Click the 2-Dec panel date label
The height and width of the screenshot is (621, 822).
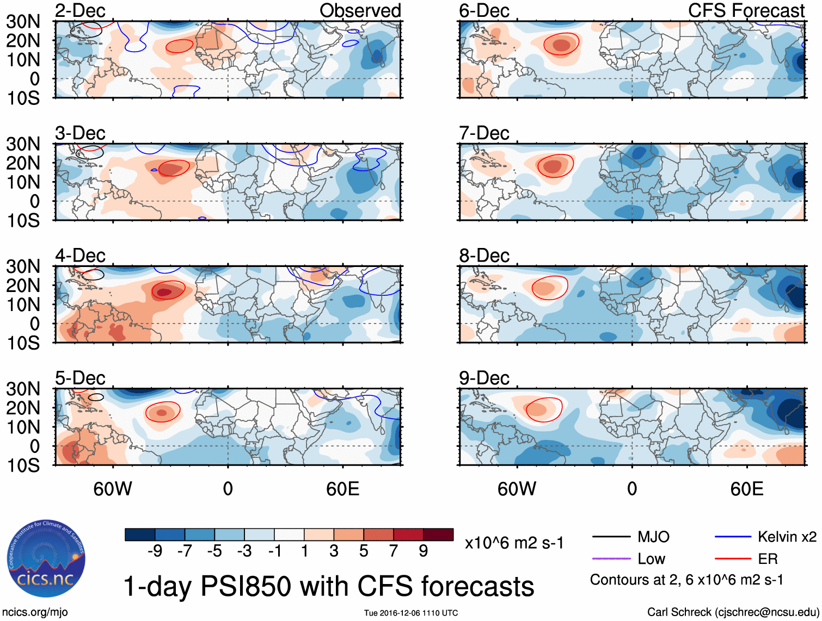[x=80, y=11]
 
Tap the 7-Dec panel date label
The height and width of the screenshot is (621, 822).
[x=484, y=133]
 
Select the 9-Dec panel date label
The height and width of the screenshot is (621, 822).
[x=484, y=378]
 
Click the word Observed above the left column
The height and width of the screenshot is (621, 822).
[x=360, y=11]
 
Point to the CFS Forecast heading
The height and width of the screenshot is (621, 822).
[x=746, y=11]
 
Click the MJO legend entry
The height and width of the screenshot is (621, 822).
[x=653, y=537]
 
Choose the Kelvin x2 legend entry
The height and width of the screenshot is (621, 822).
[x=787, y=537]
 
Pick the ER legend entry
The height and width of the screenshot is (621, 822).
[x=768, y=559]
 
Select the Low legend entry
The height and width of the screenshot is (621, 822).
[x=651, y=559]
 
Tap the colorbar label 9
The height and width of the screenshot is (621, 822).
[x=424, y=551]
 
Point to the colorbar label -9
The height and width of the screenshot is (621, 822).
[x=155, y=551]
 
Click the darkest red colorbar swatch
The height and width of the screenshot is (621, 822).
[x=438, y=535]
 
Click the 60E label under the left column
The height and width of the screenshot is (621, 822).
[x=342, y=489]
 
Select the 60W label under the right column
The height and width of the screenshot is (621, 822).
[x=517, y=489]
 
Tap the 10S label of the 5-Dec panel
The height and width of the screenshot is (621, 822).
[x=23, y=465]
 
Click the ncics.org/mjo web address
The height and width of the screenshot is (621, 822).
[x=34, y=612]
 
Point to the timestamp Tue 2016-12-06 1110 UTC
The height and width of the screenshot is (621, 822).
[x=411, y=613]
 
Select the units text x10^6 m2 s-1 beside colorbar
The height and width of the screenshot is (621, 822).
[x=514, y=543]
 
